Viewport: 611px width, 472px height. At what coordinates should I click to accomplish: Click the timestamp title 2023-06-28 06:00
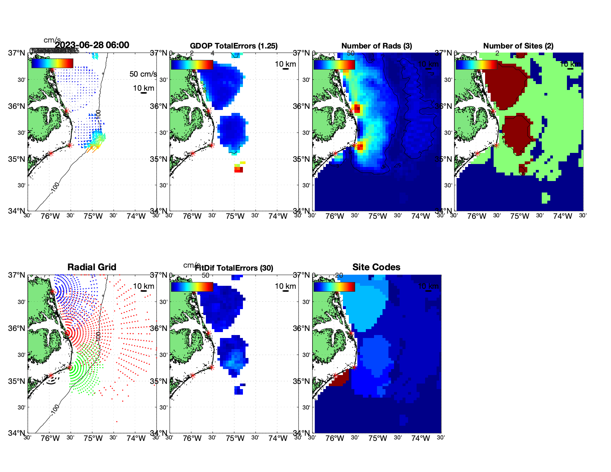(x=92, y=45)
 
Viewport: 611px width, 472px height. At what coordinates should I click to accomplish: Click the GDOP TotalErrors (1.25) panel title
(x=234, y=46)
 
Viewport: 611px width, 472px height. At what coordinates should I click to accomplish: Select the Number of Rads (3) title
(x=377, y=46)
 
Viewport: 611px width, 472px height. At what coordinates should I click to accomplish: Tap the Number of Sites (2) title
(x=518, y=46)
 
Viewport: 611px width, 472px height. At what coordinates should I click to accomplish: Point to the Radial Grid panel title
(x=92, y=267)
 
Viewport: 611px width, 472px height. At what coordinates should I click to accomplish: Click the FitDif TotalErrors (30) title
(x=234, y=268)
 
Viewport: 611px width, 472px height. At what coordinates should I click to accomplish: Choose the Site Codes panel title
(x=376, y=267)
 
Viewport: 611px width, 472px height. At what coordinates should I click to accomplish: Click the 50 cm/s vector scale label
(x=143, y=74)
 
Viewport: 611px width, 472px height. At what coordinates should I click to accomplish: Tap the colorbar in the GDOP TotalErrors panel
(x=192, y=64)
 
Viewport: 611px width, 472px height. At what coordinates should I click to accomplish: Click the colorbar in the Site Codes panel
(x=334, y=287)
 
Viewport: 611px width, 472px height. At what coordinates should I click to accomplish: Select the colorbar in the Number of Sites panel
(x=476, y=64)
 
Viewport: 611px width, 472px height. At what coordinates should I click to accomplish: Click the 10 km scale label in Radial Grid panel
(x=143, y=286)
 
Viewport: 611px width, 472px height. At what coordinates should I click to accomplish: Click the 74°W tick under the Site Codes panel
(x=420, y=438)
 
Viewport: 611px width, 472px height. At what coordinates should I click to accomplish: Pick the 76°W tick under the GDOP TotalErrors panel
(x=192, y=216)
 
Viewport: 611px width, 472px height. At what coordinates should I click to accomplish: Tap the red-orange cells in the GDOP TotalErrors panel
(x=239, y=170)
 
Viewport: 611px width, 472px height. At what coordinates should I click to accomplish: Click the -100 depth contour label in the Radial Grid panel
(x=55, y=409)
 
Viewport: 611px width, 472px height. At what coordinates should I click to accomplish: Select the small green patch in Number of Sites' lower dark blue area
(x=545, y=198)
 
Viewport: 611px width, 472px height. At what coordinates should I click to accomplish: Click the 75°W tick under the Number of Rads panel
(x=377, y=216)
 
